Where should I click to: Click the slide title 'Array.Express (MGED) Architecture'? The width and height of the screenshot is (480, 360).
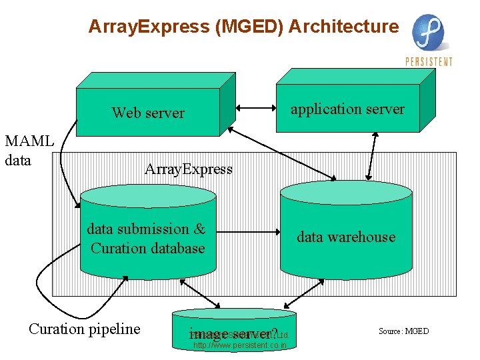[x=243, y=27]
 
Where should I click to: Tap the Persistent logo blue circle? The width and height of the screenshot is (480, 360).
[x=427, y=33]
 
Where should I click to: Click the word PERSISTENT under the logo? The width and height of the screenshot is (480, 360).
[x=429, y=62]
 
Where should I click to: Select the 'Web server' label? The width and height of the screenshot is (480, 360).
[x=148, y=113]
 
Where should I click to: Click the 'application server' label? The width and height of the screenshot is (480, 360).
[x=347, y=109]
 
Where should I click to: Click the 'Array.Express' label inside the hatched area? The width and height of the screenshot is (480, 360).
[x=189, y=169]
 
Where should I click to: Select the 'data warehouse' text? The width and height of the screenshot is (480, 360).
[x=346, y=237]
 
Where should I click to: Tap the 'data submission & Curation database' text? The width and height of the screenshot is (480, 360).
[x=147, y=239]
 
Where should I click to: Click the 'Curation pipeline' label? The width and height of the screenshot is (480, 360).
[x=85, y=329]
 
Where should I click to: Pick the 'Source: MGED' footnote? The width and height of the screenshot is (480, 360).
[x=404, y=331]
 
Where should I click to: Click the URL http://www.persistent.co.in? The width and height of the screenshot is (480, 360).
[x=240, y=345]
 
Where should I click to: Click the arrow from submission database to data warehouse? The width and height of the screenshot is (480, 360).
[x=247, y=232]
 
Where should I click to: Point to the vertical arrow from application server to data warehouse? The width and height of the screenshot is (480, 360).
[x=375, y=153]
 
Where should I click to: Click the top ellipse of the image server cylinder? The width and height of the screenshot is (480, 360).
[x=233, y=313]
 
